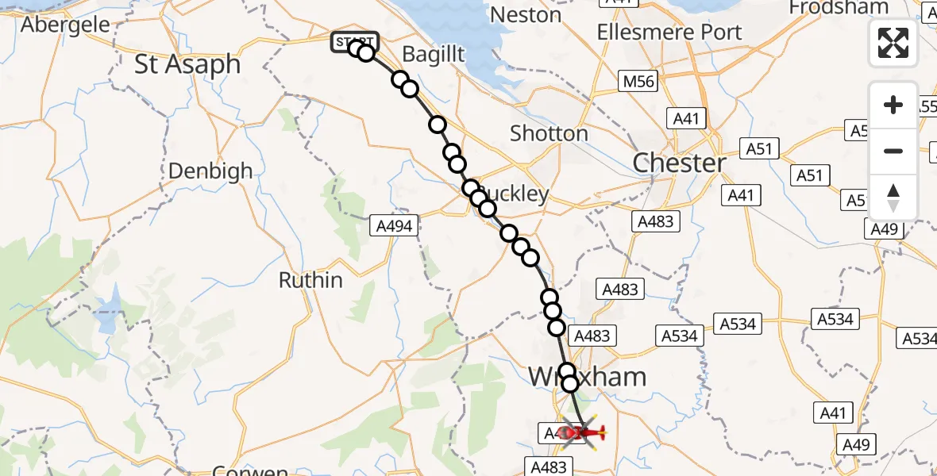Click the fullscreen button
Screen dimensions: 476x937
[893, 43]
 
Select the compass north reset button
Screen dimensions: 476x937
[893, 198]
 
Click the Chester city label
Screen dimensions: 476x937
[679, 163]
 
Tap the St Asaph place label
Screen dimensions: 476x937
[187, 64]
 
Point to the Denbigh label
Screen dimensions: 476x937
[210, 171]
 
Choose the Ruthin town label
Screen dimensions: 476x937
[310, 280]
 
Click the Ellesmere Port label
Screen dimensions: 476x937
[669, 33]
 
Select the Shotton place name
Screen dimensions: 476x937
[549, 133]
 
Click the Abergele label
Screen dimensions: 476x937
[65, 24]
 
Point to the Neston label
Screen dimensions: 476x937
[525, 14]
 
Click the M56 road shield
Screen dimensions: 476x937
[638, 81]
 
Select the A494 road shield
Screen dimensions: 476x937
[394, 226]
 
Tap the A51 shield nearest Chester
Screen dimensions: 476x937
[762, 148]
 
